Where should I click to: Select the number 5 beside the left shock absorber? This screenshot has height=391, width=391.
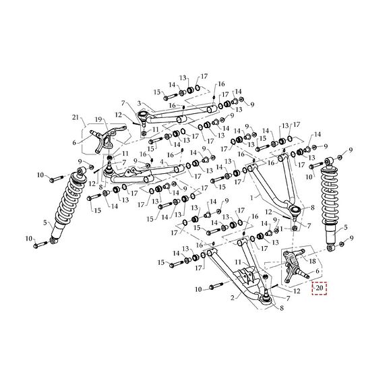pyautogui.click(x=45, y=223)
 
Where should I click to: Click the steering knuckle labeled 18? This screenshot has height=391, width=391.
pyautogui.click(x=292, y=261)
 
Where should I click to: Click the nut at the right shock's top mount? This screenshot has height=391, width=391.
pyautogui.click(x=340, y=157)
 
